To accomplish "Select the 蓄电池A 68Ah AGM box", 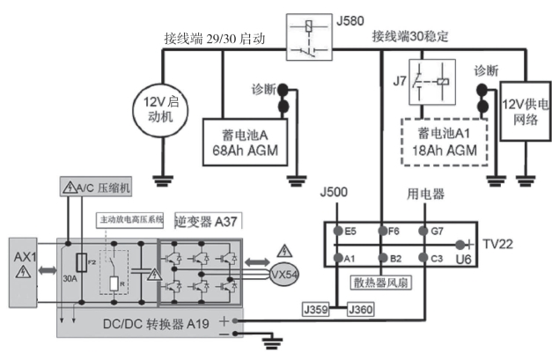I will point(240,138).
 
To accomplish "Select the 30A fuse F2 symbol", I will point(83,263).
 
